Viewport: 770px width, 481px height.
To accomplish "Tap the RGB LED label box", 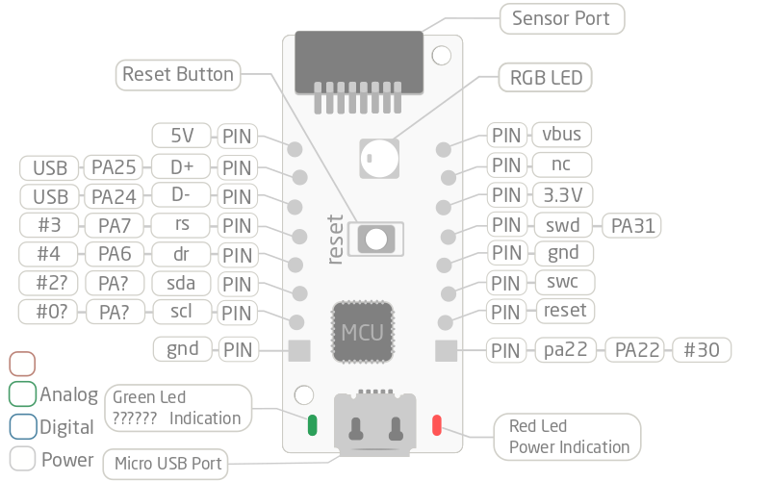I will [546, 78].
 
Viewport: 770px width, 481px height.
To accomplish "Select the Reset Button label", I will [178, 74].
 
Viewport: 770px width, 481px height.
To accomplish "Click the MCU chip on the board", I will [363, 334].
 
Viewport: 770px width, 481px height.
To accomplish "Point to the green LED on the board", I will [312, 425].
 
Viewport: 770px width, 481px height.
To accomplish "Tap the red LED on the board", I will [437, 424].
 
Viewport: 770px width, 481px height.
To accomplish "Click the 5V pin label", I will [183, 136].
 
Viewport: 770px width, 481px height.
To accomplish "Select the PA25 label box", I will [114, 167].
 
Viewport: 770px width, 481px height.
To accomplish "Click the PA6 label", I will [114, 256].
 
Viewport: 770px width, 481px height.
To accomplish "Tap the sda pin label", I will [181, 284].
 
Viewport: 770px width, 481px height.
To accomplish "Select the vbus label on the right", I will [562, 135].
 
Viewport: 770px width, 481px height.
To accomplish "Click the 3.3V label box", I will [562, 195].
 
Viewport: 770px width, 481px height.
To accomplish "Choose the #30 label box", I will [702, 349].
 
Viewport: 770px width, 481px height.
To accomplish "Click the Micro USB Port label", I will [167, 464].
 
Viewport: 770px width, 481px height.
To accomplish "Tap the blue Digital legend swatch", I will [22, 425].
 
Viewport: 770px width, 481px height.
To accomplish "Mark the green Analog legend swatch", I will [22, 393].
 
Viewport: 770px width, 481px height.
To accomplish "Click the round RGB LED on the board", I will [379, 157].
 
